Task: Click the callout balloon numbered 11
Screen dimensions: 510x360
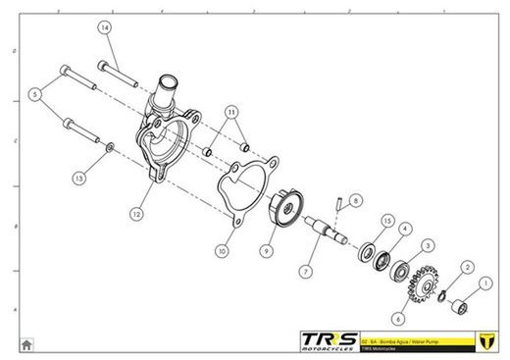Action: (231, 113)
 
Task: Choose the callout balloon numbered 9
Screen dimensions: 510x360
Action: (265, 251)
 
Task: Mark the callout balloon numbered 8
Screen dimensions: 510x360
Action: (356, 199)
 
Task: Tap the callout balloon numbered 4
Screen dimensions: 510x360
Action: (405, 229)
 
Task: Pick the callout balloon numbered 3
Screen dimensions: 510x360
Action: (428, 245)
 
